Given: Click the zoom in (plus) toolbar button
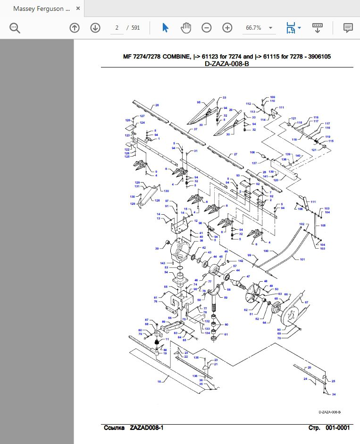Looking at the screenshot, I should click(227, 28).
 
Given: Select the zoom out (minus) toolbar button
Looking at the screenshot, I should click(207, 28).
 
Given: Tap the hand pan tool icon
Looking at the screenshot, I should click(186, 28).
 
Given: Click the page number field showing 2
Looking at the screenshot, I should click(116, 28).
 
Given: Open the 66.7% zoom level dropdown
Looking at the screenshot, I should click(258, 28).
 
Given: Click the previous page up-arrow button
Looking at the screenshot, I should click(75, 28).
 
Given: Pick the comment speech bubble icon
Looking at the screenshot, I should click(348, 28).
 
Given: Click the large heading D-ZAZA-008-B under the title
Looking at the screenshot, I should click(227, 64).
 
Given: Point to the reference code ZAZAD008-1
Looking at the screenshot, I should click(147, 427).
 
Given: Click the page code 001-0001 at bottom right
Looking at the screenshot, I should click(338, 427).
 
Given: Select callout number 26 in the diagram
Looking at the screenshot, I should click(157, 105).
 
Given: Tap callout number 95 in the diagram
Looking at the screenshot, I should click(199, 102).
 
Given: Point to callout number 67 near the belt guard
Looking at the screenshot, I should click(306, 302).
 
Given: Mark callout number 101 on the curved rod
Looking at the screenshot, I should click(302, 259).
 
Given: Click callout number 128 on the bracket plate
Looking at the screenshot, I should click(158, 200).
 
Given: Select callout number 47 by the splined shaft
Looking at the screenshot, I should click(248, 276).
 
